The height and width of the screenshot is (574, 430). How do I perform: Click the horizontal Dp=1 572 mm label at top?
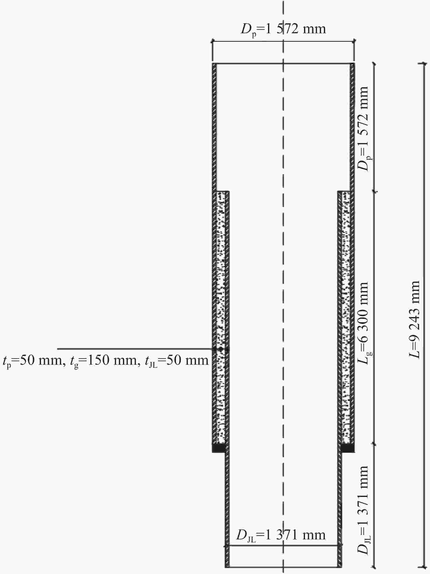coord(283,29)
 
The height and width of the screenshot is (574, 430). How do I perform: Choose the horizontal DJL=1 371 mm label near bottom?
coord(281,535)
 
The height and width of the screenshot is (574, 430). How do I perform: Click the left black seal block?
coord(219,448)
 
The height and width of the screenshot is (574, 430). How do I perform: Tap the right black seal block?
coord(348,448)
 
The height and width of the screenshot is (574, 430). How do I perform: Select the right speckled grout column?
coord(346,318)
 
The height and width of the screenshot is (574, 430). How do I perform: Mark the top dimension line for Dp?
coord(283,41)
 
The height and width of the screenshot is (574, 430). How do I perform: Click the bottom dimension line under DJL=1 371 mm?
coord(283,545)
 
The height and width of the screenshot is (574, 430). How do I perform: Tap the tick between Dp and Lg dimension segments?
coord(374,192)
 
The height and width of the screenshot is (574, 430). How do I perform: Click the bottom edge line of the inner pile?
coord(283,567)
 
